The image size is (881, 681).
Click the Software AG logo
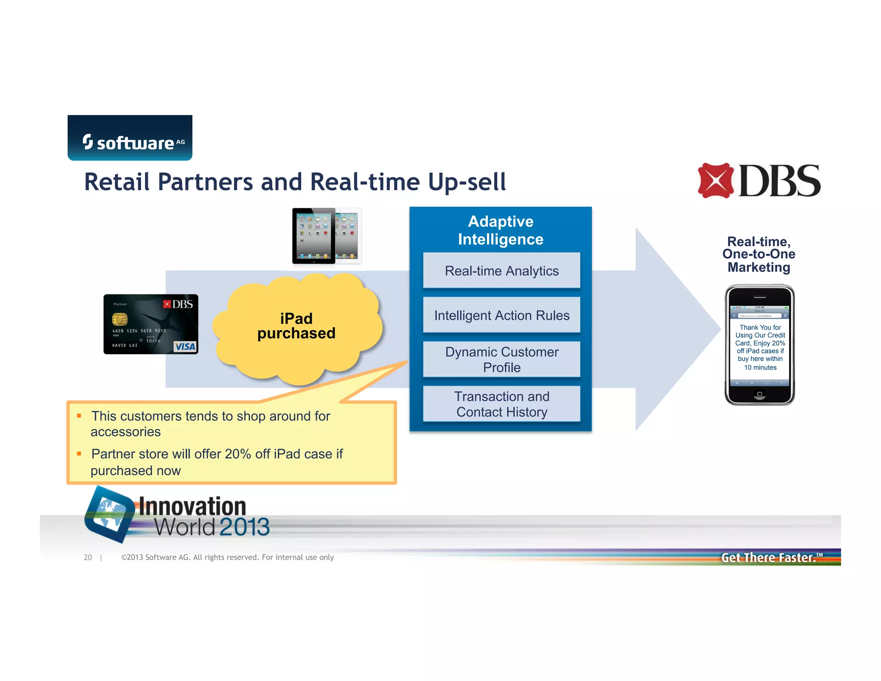(130, 138)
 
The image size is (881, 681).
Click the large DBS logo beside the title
(759, 181)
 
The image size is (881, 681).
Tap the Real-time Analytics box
(502, 271)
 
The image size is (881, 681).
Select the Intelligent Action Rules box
(502, 316)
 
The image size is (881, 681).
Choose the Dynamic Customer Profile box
(502, 359)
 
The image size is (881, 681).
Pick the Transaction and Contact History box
(502, 404)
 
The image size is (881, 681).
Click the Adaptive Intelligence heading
(501, 230)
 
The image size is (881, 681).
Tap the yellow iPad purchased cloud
(297, 327)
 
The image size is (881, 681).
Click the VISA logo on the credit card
(185, 347)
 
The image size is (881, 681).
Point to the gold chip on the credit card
(120, 319)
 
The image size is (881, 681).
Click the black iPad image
(314, 236)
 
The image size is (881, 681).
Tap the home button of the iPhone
(760, 394)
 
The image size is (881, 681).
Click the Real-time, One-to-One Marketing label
(759, 254)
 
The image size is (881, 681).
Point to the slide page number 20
(88, 557)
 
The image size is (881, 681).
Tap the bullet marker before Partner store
(79, 453)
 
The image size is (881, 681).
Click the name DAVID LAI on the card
(125, 345)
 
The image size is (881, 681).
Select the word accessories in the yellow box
(126, 432)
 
